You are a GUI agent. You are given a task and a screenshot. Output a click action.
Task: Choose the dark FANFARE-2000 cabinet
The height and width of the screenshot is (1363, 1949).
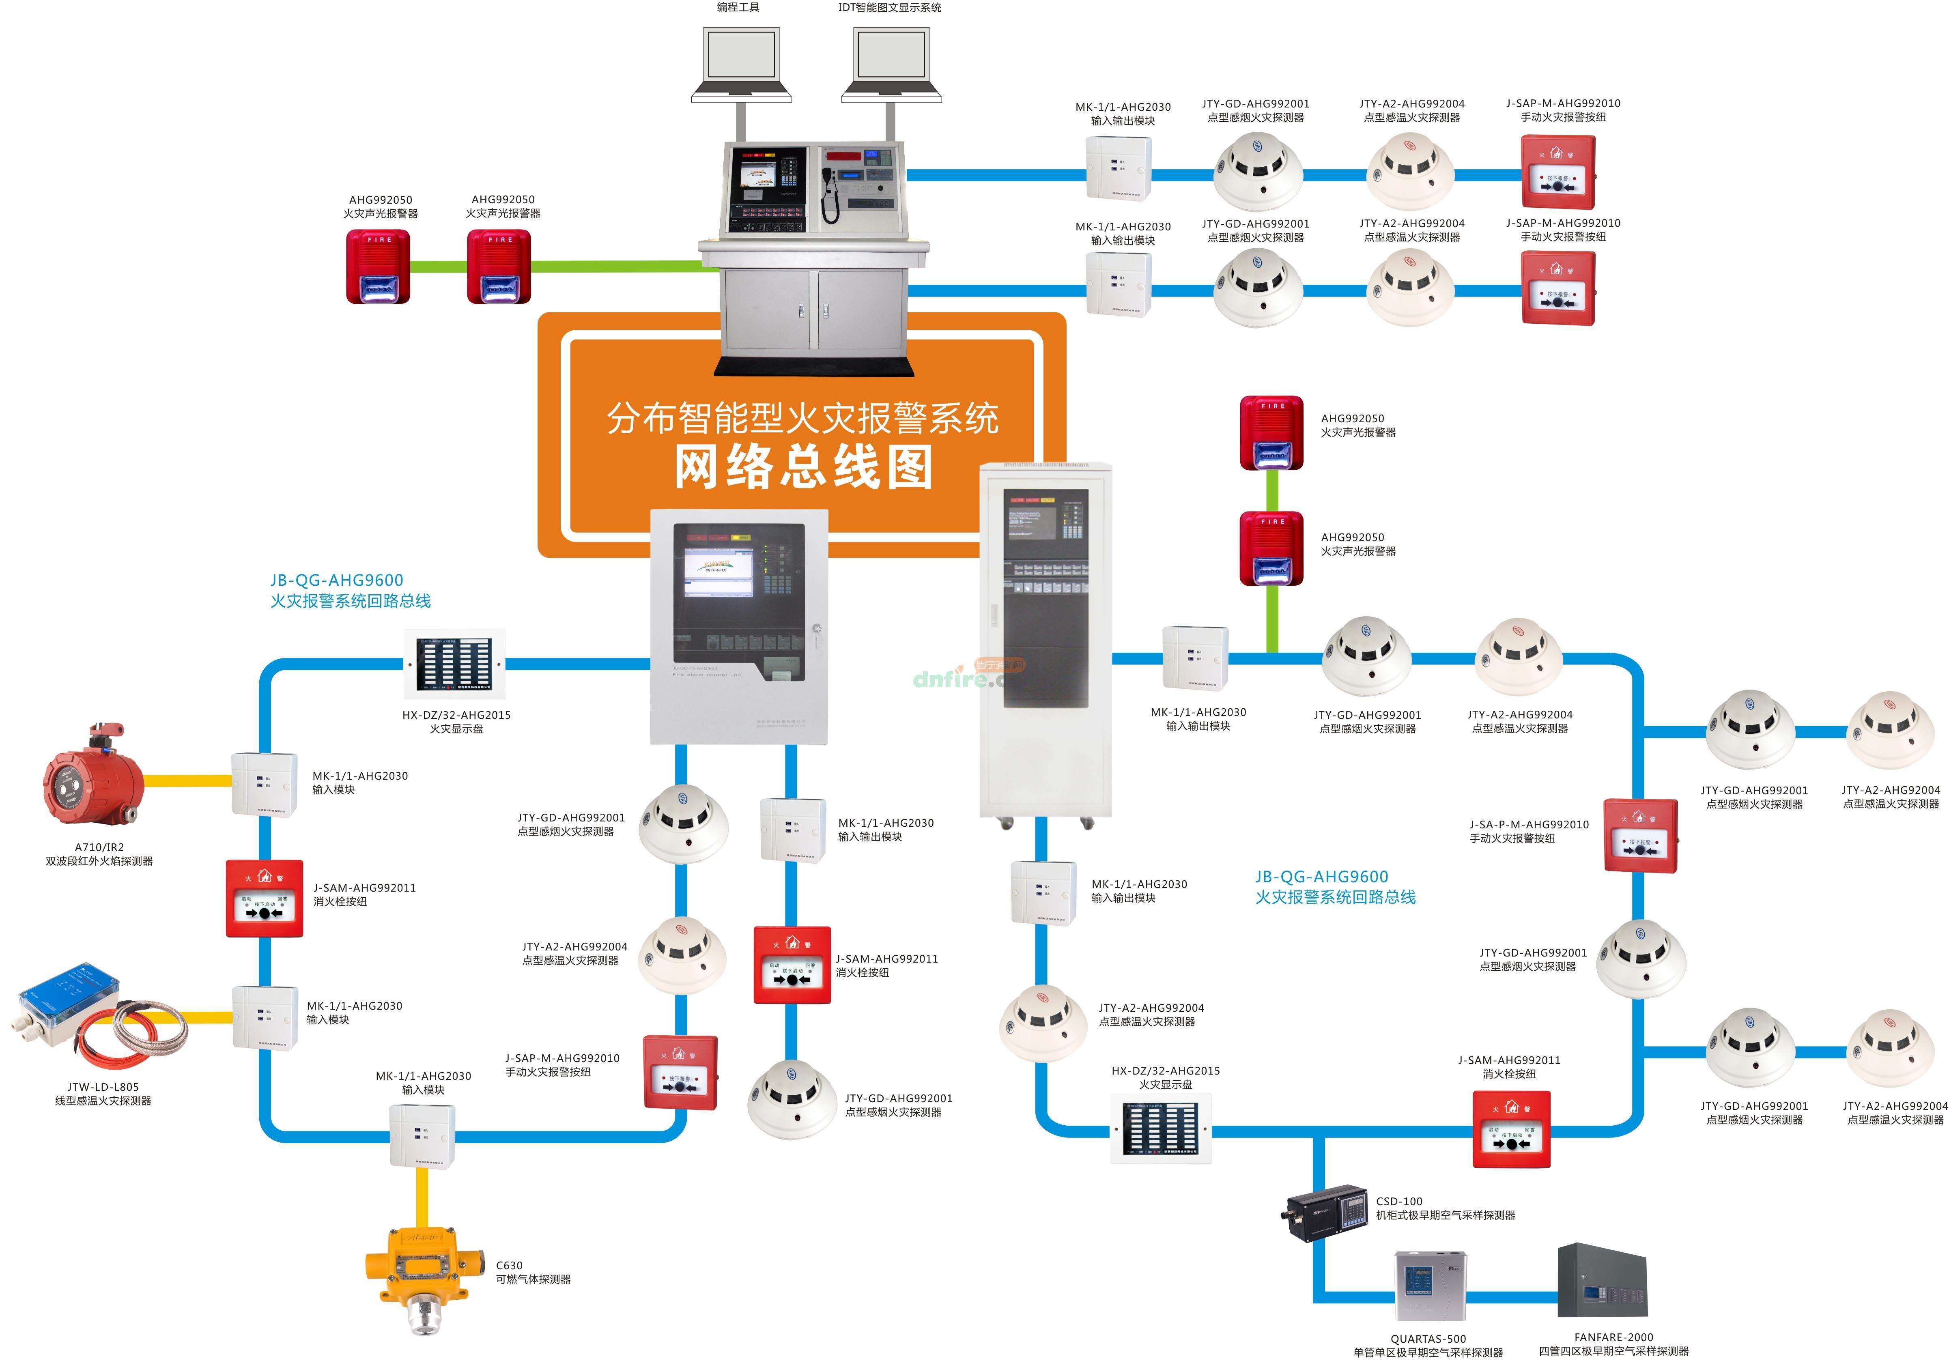[x=1602, y=1281]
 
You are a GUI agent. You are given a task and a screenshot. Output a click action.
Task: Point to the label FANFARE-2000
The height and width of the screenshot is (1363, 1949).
[x=1614, y=1337]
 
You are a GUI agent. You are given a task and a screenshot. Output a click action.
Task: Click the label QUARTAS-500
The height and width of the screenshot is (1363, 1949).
[x=1428, y=1338]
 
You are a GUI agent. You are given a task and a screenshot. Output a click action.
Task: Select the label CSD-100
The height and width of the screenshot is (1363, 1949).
[x=1399, y=1201]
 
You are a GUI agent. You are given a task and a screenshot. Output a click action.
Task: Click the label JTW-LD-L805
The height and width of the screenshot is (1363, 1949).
[x=103, y=1086]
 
